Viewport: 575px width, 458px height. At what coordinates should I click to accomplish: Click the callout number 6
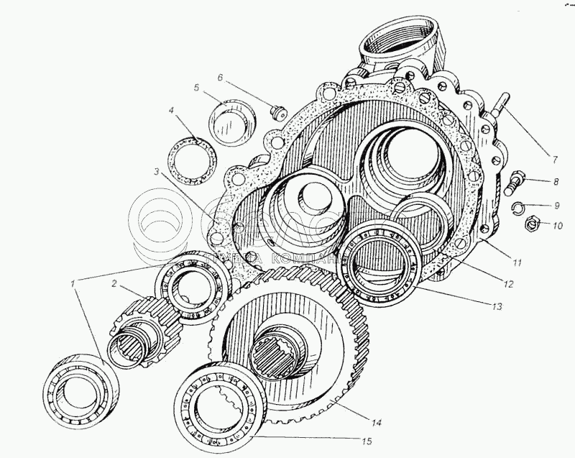click(221, 77)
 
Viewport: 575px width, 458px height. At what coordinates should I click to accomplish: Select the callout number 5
click(195, 88)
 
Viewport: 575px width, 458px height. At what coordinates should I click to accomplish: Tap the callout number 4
click(172, 111)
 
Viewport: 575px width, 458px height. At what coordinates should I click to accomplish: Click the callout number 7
click(555, 158)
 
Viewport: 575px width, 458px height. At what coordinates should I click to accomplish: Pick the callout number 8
click(555, 183)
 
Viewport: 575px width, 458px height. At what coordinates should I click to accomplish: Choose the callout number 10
click(558, 225)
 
